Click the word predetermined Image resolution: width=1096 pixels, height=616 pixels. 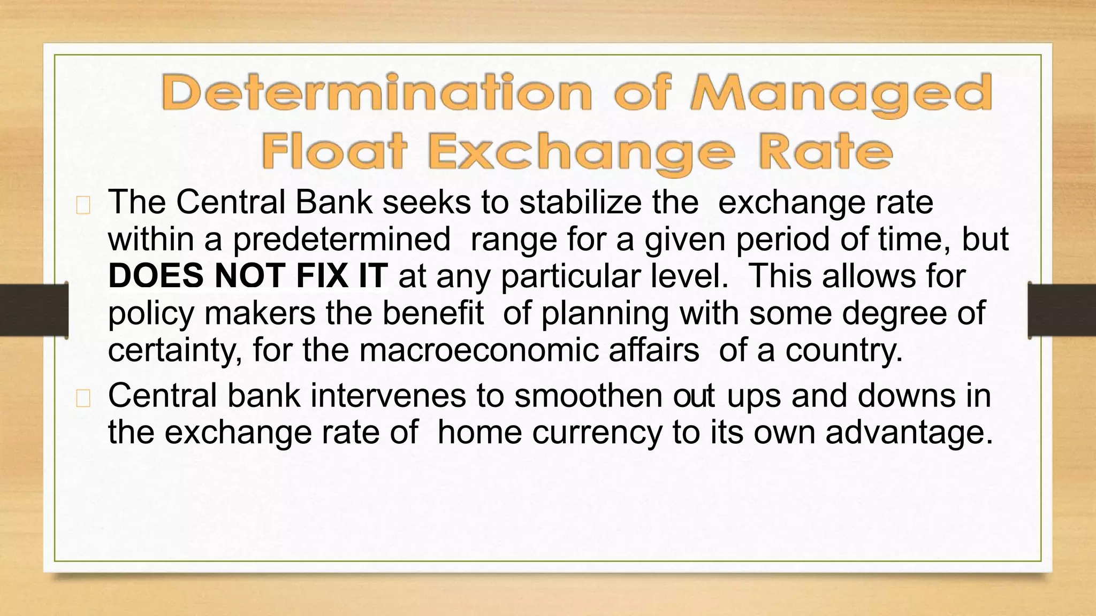[x=341, y=240]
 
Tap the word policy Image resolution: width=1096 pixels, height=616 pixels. [x=151, y=314]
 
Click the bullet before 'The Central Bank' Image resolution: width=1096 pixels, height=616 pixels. [x=83, y=206]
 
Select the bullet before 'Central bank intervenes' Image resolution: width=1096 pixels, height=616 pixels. [x=83, y=399]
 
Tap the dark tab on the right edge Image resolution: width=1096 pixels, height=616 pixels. [x=1062, y=310]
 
